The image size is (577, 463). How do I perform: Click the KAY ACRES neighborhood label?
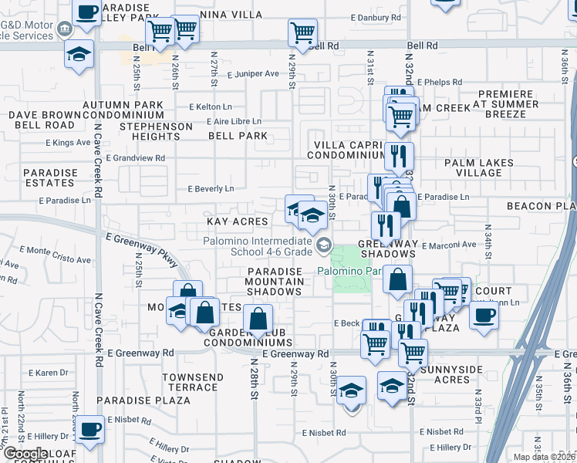pyautogui.click(x=238, y=221)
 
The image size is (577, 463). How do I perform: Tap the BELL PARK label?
pyautogui.click(x=238, y=136)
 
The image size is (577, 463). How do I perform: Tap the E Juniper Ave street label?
pyautogui.click(x=253, y=74)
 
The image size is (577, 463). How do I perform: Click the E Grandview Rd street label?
pyautogui.click(x=136, y=158)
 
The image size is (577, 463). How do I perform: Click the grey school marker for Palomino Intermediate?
pyautogui.click(x=324, y=246)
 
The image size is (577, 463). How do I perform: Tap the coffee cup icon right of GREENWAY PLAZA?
pyautogui.click(x=484, y=316)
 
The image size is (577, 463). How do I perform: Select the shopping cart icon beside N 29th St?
pyautogui.click(x=302, y=33)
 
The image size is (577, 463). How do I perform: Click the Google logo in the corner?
pyautogui.click(x=25, y=454)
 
